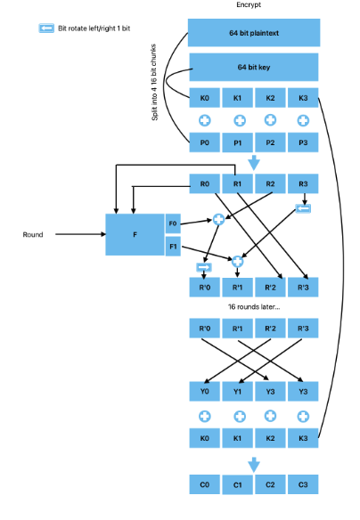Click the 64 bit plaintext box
(254, 32)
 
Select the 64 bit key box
(254, 67)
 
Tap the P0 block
(204, 142)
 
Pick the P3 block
(303, 142)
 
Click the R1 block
(237, 183)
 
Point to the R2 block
(270, 183)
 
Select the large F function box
(135, 234)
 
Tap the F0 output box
(173, 223)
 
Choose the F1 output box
(173, 247)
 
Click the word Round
(33, 234)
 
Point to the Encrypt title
(249, 4)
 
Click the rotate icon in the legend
(46, 28)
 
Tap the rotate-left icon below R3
(303, 208)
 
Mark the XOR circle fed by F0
(218, 219)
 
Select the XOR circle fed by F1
(237, 261)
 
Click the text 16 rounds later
(254, 307)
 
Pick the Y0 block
(204, 391)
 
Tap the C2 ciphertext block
(270, 484)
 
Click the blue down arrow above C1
(254, 465)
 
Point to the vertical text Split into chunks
(154, 82)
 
